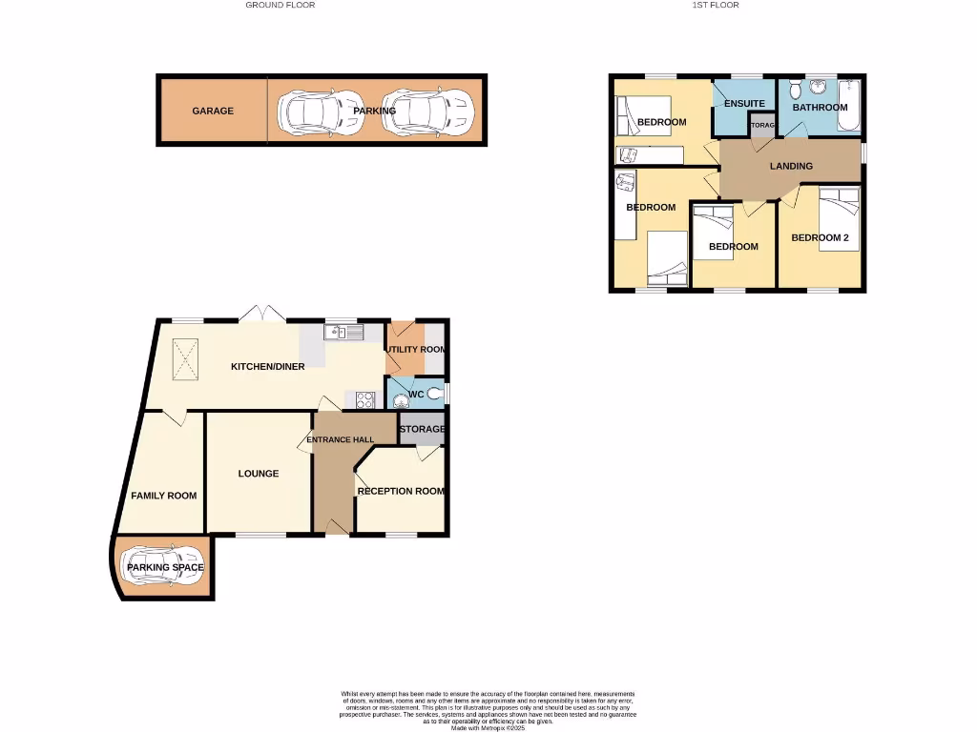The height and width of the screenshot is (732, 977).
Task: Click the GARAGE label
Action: (213, 111)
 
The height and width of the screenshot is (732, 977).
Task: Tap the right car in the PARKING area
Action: (427, 112)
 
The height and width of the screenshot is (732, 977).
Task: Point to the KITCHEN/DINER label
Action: (268, 366)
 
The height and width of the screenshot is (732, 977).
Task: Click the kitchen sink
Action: (344, 332)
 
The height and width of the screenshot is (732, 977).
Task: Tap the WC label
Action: (415, 394)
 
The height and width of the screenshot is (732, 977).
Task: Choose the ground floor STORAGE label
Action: (422, 429)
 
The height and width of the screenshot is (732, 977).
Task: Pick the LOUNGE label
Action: (259, 474)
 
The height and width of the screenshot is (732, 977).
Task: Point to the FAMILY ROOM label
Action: (164, 496)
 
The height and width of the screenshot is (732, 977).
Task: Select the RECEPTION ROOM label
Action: (401, 491)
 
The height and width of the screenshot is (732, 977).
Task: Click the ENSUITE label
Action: (744, 103)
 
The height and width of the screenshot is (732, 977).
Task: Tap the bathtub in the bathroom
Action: (853, 108)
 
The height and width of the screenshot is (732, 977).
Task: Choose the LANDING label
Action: (791, 166)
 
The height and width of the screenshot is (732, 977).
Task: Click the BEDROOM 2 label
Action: (820, 237)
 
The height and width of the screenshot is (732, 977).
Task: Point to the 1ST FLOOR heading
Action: (716, 5)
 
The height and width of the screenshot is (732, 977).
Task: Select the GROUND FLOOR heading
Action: (281, 5)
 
